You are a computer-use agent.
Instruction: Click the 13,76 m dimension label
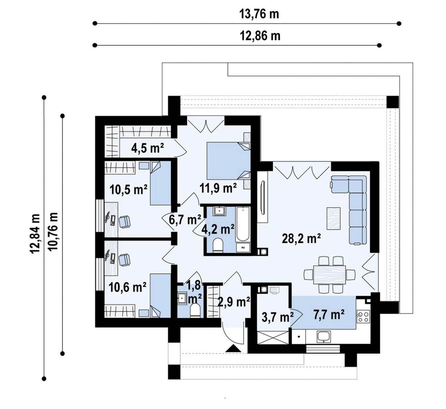[x=259, y=14]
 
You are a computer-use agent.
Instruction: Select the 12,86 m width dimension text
[x=260, y=36]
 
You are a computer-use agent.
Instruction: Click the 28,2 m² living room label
[x=301, y=239]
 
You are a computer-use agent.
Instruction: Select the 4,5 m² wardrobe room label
[x=148, y=148]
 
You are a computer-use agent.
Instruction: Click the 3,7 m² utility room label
[x=278, y=317]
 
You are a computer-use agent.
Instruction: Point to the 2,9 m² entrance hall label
[x=234, y=302]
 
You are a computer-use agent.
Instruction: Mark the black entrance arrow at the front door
[x=233, y=348]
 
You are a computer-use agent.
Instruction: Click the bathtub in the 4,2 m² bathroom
[x=242, y=224]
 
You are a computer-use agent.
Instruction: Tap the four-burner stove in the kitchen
[x=363, y=317]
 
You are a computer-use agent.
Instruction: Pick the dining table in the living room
[x=330, y=274]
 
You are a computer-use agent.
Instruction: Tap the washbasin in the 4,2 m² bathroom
[x=220, y=211]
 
